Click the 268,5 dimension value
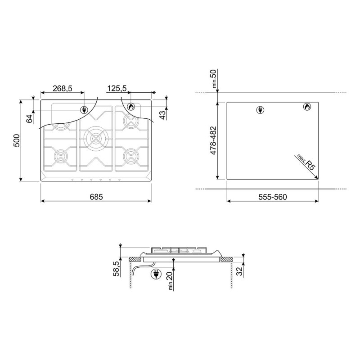63,88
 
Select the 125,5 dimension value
117,88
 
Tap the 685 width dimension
96,197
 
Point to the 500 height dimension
17,140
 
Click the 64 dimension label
29,119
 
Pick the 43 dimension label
162,115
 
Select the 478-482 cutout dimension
213,140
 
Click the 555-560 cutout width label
273,197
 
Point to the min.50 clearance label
214,79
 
